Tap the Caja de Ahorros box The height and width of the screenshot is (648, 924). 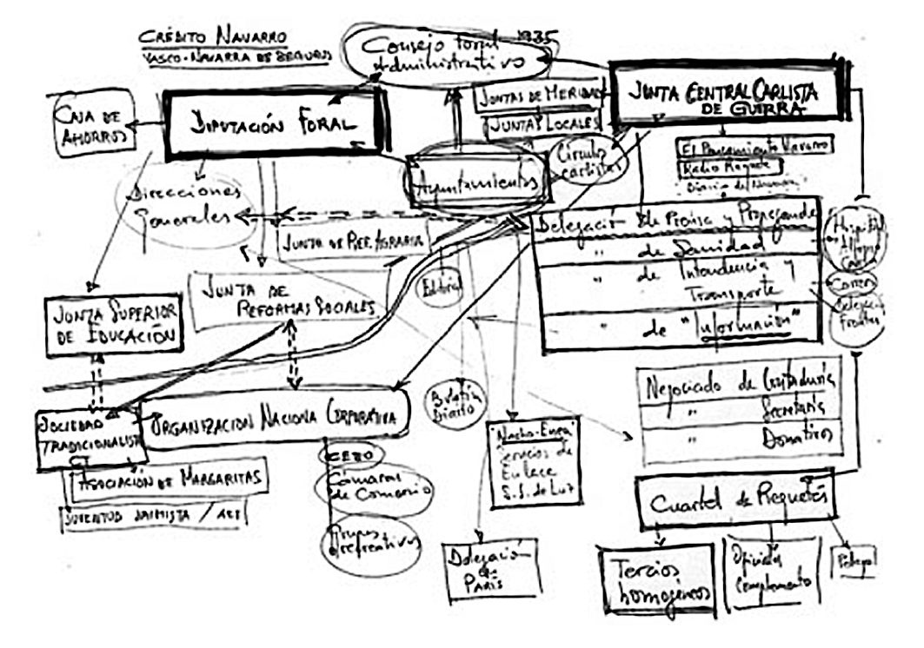pyautogui.click(x=95, y=125)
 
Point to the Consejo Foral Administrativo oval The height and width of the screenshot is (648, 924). pyautogui.click(x=446, y=52)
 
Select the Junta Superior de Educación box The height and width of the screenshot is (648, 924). pyautogui.click(x=114, y=323)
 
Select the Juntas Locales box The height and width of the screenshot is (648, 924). pyautogui.click(x=543, y=125)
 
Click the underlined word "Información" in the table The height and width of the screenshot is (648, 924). pyautogui.click(x=753, y=325)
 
